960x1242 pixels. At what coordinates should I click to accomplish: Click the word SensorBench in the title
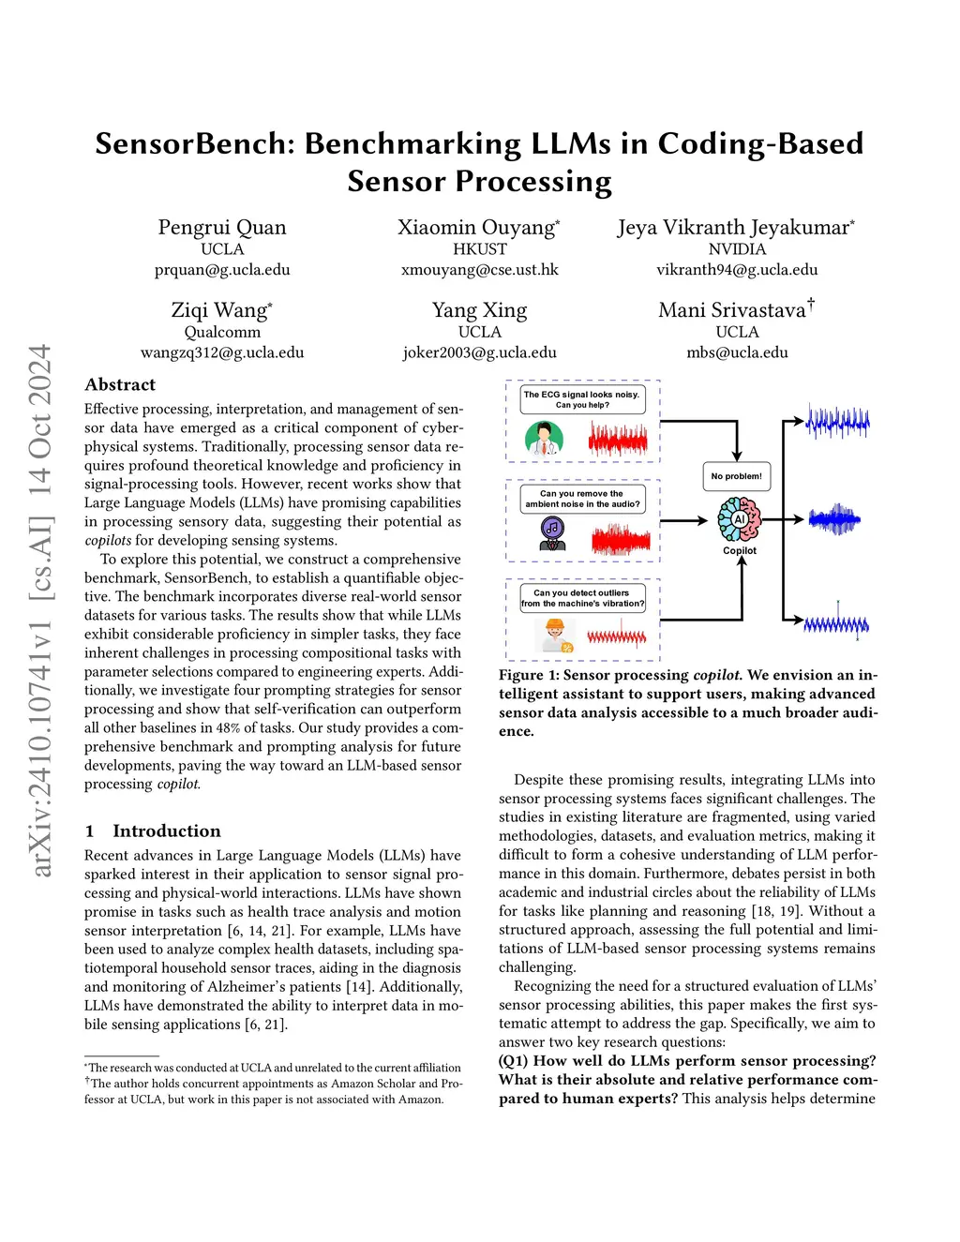click(x=195, y=143)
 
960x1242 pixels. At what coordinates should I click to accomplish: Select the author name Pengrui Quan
click(x=222, y=228)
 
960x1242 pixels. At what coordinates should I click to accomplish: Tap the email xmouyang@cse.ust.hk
click(x=479, y=270)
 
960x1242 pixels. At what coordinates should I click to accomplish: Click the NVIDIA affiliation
click(x=737, y=249)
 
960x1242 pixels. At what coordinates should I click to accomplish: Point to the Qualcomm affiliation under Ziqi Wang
click(x=222, y=332)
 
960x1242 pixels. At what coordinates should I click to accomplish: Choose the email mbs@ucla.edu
click(x=737, y=352)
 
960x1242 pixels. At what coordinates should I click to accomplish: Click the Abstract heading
click(x=120, y=384)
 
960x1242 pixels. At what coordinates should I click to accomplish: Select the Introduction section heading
click(x=166, y=830)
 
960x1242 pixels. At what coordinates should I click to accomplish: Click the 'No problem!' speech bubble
click(x=737, y=476)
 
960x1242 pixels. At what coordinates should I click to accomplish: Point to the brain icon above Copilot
click(x=739, y=518)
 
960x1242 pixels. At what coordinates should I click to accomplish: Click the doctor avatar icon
click(x=544, y=438)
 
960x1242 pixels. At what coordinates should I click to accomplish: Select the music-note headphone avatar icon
click(x=552, y=533)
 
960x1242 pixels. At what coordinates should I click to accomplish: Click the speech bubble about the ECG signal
click(x=581, y=399)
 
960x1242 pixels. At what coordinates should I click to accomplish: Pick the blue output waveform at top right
click(x=837, y=423)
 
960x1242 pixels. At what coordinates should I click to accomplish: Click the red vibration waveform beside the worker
click(x=617, y=637)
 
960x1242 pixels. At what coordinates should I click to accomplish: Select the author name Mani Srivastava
click(x=732, y=310)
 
